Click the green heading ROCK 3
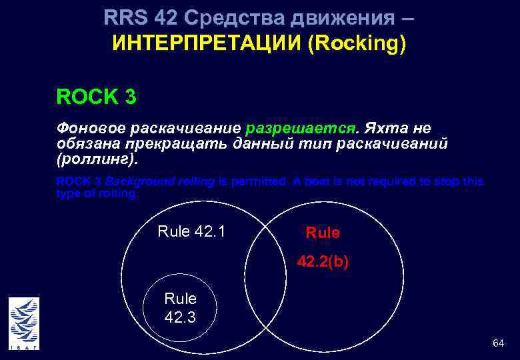[97, 97]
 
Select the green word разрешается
[302, 128]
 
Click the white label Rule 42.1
[191, 231]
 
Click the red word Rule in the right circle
[323, 233]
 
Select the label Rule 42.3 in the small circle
[180, 307]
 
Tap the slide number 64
[497, 343]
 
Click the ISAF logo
[24, 323]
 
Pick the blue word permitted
[261, 181]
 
